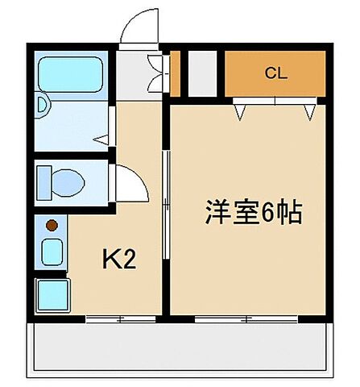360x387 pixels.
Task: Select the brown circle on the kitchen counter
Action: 51,225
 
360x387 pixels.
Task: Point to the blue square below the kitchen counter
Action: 53,293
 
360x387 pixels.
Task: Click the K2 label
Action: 117,259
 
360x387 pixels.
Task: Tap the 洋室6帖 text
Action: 251,214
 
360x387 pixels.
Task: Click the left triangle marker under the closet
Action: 241,110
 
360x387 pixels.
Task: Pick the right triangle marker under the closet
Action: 308,110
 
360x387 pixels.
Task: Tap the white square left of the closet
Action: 203,73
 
